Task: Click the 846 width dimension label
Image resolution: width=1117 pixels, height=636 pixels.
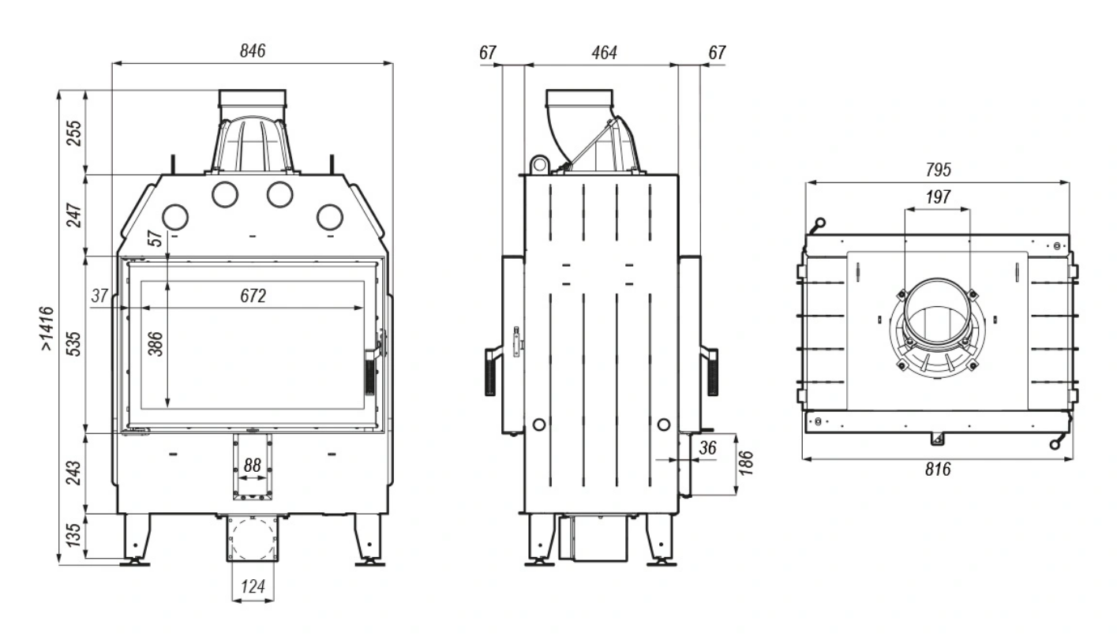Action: pyautogui.click(x=253, y=51)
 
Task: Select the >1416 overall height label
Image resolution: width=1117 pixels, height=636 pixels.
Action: pyautogui.click(x=47, y=328)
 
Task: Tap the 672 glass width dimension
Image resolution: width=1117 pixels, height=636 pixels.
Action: pyautogui.click(x=253, y=296)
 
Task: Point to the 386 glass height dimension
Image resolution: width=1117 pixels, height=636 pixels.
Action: pyautogui.click(x=156, y=343)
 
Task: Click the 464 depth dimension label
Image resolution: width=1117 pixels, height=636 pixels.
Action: pyautogui.click(x=604, y=53)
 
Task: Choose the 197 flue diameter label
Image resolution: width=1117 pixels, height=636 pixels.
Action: pyautogui.click(x=938, y=197)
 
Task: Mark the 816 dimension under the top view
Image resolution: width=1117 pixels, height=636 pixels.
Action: pyautogui.click(x=938, y=470)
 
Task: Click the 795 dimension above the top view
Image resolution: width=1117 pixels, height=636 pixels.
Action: pyautogui.click(x=938, y=170)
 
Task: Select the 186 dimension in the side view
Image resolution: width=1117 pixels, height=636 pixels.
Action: pyautogui.click(x=745, y=463)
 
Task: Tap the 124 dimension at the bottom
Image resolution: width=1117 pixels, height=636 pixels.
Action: pyautogui.click(x=253, y=586)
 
